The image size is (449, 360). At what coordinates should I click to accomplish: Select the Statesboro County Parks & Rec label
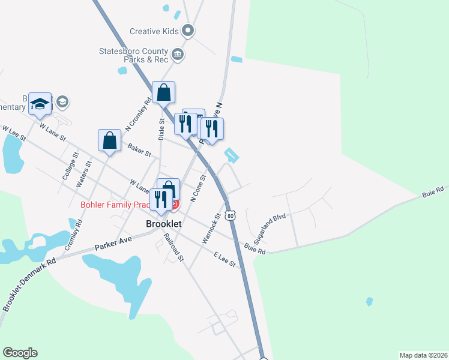click(134, 55)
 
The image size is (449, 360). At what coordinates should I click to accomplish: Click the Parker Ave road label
click(113, 241)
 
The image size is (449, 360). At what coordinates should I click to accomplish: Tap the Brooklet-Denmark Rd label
click(29, 284)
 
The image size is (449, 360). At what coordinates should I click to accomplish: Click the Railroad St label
click(174, 247)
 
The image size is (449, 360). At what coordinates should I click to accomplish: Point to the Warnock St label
click(211, 226)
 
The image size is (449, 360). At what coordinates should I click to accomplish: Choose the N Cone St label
click(199, 188)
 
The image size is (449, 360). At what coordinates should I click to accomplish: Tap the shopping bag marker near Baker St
click(110, 140)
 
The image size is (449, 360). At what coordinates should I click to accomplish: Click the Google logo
click(20, 353)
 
